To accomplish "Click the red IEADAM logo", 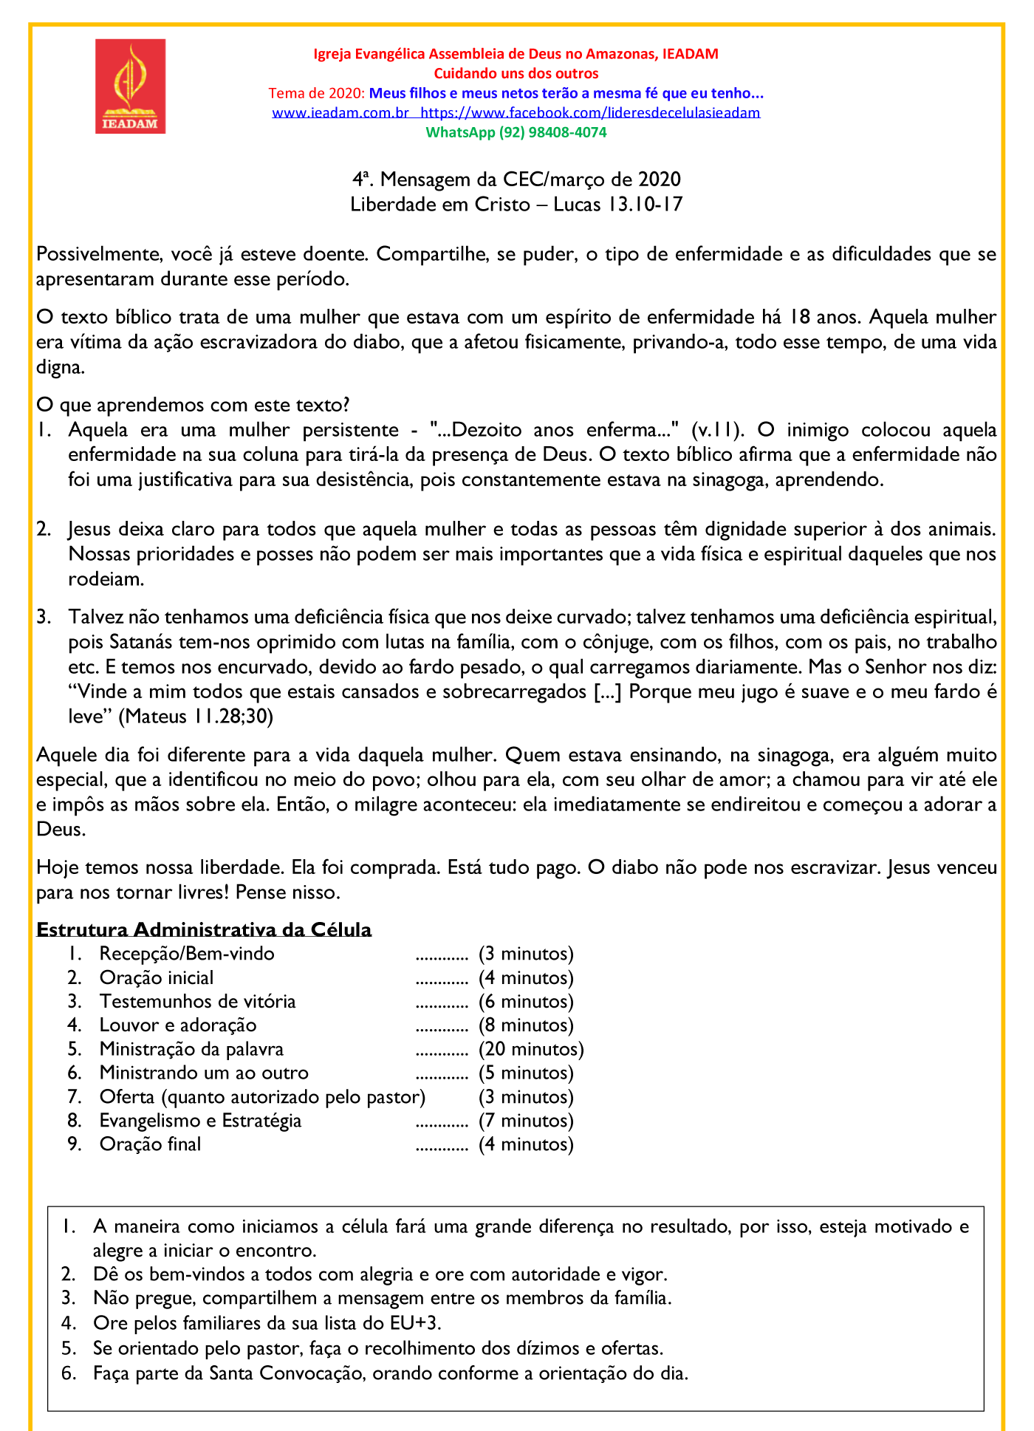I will pos(130,86).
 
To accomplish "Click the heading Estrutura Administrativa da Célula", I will pos(204,929).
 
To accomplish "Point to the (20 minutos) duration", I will pos(531,1049).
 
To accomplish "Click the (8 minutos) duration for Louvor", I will pos(526,1025).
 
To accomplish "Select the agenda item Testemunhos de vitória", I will pos(197,1002).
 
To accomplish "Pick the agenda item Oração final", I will pos(150,1144).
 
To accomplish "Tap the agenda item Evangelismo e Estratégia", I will pos(200,1121).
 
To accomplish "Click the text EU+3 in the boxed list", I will pos(415,1322).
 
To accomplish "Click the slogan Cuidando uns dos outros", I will pos(516,73).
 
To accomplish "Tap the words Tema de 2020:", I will pos(316,93).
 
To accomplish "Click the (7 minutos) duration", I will pos(526,1121).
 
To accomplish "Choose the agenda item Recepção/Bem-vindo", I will pos(187,954).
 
